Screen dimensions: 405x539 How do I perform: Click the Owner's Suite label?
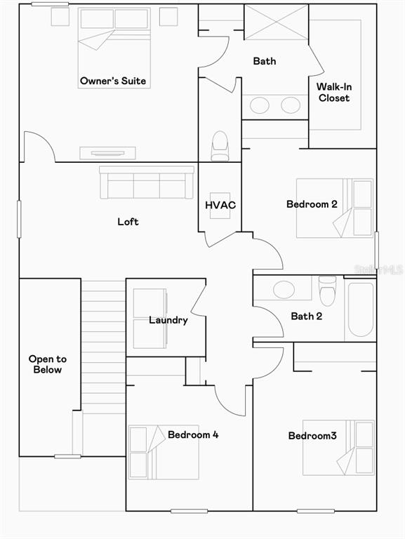click(113, 81)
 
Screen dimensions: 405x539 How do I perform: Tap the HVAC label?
click(220, 205)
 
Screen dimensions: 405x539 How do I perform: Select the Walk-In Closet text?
click(334, 92)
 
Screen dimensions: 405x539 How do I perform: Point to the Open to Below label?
click(48, 364)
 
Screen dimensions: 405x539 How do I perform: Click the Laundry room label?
click(168, 320)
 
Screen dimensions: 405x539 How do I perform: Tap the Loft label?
click(128, 222)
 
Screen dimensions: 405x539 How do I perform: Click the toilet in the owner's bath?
click(220, 146)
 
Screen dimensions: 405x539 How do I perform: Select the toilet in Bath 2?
click(327, 291)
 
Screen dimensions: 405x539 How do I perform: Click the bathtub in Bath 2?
click(360, 309)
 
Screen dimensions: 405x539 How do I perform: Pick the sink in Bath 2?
click(284, 289)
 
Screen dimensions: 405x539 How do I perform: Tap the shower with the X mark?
click(276, 22)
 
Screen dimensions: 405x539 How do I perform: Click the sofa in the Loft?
click(147, 182)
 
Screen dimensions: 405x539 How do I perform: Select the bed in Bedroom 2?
click(335, 208)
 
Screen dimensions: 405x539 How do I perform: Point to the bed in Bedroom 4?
click(164, 453)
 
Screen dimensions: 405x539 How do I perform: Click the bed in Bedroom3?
click(338, 448)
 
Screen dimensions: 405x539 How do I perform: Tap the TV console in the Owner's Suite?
click(107, 153)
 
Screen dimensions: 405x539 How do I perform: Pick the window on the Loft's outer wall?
click(19, 219)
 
